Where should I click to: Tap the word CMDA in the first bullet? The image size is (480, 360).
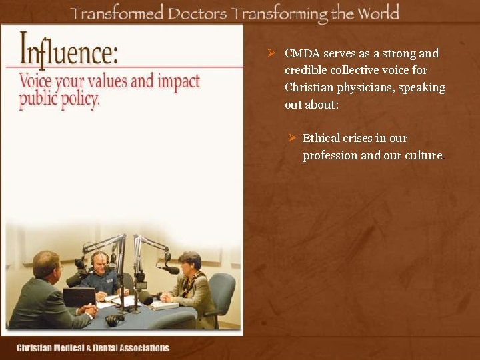[x=299, y=53]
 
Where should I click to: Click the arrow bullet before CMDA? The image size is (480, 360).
[x=271, y=53]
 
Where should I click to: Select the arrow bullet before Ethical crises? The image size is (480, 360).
[x=291, y=138]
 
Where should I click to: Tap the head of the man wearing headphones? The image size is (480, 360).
[x=100, y=261]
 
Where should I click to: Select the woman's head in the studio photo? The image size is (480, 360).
[x=190, y=261]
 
